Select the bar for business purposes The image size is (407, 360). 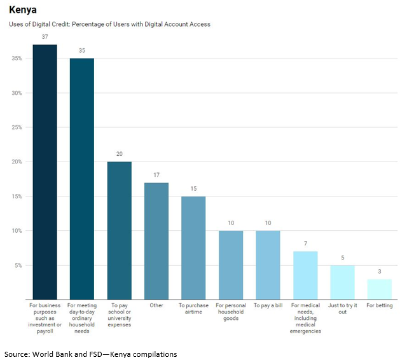[45, 172]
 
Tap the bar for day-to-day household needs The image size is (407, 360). [82, 179]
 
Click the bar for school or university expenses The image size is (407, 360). [119, 230]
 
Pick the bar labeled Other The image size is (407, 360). [156, 241]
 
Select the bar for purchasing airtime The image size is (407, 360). [193, 248]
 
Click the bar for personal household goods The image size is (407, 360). [231, 265]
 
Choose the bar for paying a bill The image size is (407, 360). [268, 265]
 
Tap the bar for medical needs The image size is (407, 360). [305, 275]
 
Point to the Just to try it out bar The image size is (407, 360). [342, 282]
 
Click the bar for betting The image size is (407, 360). [380, 289]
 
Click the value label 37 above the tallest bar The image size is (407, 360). [45, 37]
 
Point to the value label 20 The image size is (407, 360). [119, 154]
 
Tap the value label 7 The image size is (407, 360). [305, 244]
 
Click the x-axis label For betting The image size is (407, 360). [380, 305]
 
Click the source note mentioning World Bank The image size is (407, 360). [90, 354]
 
